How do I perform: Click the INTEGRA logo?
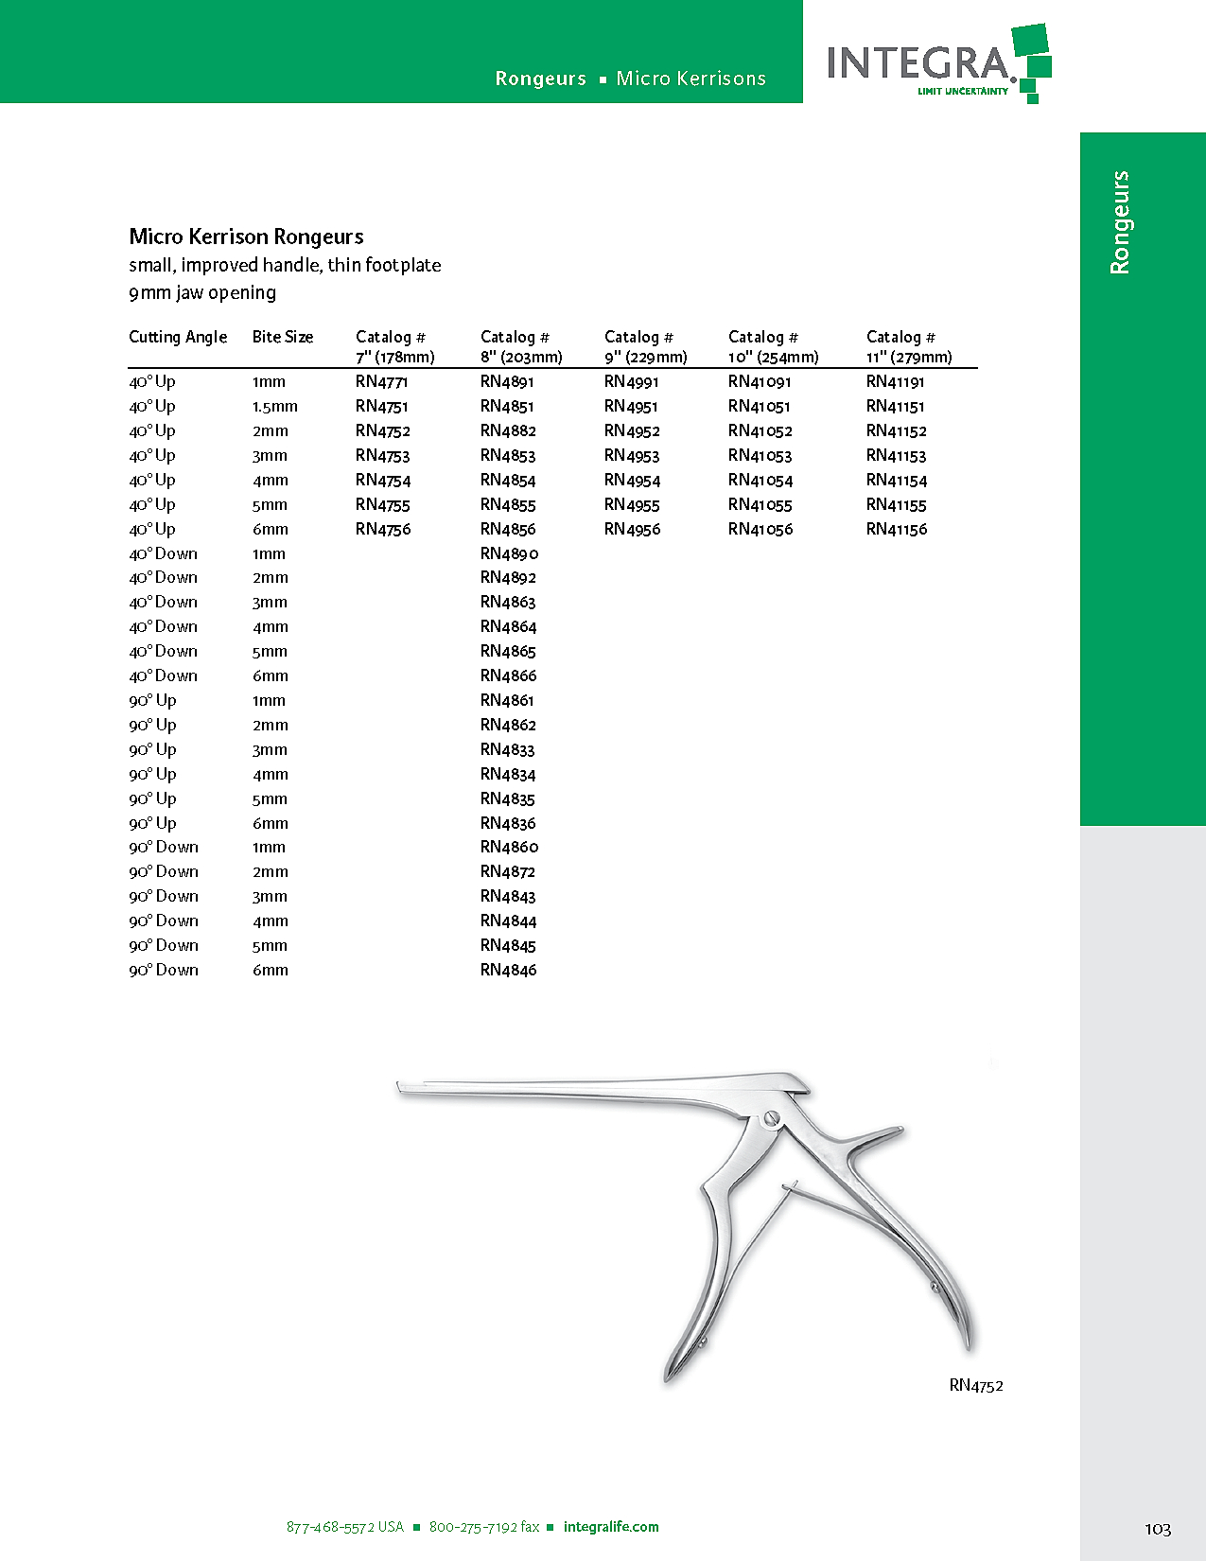click(x=936, y=63)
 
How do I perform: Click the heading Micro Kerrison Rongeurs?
click(x=246, y=237)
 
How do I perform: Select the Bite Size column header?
click(x=282, y=337)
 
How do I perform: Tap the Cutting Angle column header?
click(x=178, y=337)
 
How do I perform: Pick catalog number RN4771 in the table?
click(x=381, y=381)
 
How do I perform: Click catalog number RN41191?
click(x=895, y=381)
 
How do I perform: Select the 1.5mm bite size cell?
click(x=274, y=406)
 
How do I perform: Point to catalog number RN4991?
click(x=631, y=381)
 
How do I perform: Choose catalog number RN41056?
click(x=760, y=529)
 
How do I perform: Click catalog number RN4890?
click(x=509, y=553)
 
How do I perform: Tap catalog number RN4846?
click(x=508, y=970)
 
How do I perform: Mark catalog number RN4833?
click(x=507, y=749)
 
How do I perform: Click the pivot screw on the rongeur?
click(x=770, y=1119)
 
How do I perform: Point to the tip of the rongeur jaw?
click(x=401, y=1090)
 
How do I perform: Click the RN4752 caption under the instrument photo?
click(x=975, y=1385)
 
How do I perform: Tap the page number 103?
click(x=1157, y=1529)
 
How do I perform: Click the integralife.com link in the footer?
click(x=611, y=1527)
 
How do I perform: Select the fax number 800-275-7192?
click(x=483, y=1527)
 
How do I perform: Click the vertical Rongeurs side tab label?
click(x=1120, y=222)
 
